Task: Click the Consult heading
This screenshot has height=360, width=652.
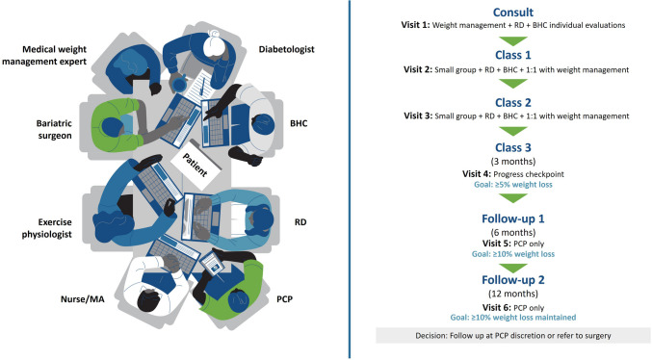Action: pos(513,13)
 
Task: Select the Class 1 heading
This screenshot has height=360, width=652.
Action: pos(513,55)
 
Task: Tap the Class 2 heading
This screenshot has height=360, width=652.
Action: pos(513,102)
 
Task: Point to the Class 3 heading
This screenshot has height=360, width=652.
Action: pos(513,147)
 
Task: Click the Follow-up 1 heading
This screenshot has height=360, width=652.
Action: pos(513,219)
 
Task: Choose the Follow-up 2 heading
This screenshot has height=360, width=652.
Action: pos(513,280)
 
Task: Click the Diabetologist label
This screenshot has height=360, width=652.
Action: pos(286,49)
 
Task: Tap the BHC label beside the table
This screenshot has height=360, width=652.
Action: pos(299,123)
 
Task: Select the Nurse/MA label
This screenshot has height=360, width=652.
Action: pos(82,299)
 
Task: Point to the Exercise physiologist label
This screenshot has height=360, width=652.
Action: pos(46,228)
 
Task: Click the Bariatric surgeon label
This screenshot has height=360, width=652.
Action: pos(54,129)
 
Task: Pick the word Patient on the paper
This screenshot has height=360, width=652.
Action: pos(195,165)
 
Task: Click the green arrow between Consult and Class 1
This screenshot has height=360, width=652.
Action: pos(513,40)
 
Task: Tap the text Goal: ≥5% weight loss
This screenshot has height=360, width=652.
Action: pos(513,185)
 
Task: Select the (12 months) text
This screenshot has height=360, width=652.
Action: pos(513,294)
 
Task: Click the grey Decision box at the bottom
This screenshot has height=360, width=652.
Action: pos(513,336)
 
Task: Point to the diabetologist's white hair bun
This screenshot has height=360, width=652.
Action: pos(215,35)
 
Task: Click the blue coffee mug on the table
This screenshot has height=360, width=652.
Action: pos(179,83)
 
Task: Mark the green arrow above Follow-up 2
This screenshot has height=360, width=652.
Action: pos(513,268)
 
